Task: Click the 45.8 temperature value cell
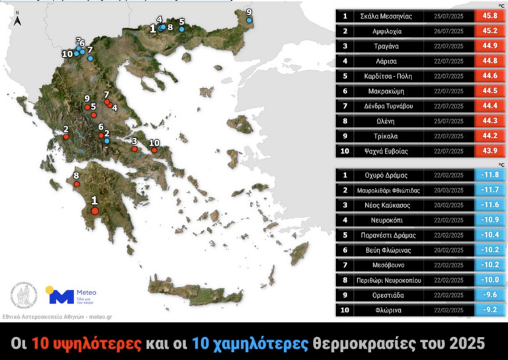[x=489, y=16]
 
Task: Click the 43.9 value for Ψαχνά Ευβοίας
[x=489, y=151]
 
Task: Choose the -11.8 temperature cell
[x=489, y=175]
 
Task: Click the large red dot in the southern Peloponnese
[x=95, y=210]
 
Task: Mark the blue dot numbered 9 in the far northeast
[x=249, y=21]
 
